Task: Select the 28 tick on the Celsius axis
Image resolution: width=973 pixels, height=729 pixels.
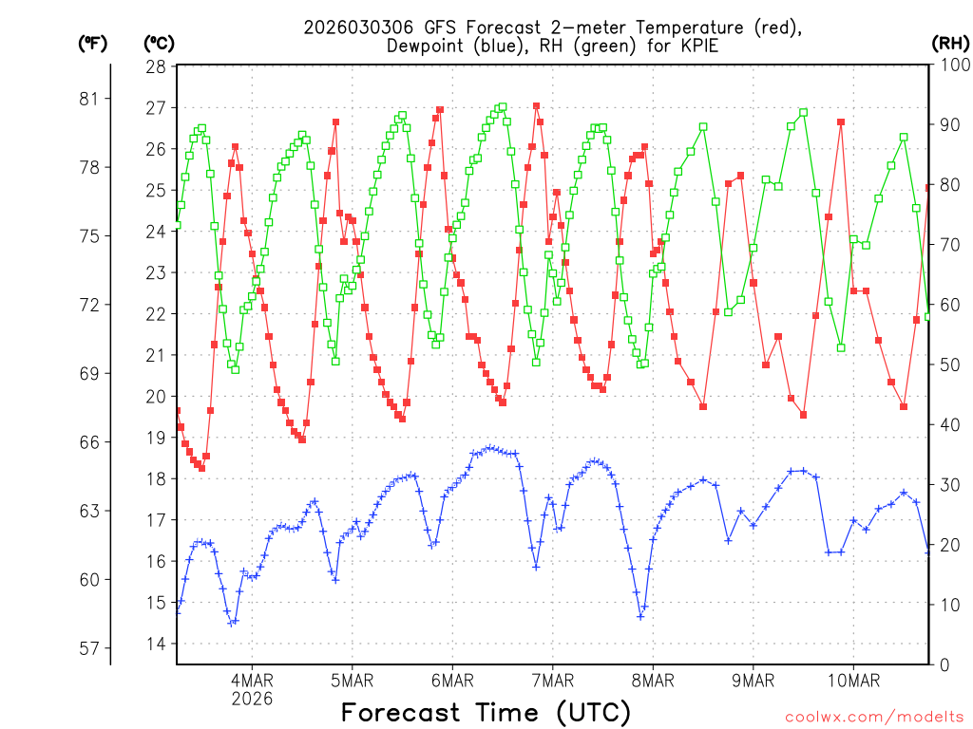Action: click(156, 66)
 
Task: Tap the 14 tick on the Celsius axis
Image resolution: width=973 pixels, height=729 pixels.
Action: click(156, 644)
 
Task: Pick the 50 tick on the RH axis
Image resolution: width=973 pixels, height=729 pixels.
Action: click(947, 364)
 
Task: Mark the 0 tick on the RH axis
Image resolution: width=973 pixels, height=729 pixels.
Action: click(943, 664)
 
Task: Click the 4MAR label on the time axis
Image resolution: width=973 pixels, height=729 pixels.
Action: click(252, 681)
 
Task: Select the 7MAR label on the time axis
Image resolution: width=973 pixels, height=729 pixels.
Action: click(552, 681)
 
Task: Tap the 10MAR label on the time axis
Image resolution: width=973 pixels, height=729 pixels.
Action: click(853, 681)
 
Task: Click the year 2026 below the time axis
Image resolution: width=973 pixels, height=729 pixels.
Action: click(252, 699)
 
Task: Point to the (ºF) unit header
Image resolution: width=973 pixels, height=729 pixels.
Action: click(93, 43)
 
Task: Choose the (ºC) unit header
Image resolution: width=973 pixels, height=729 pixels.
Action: click(160, 43)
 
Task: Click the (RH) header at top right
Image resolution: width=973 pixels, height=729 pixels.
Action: click(951, 43)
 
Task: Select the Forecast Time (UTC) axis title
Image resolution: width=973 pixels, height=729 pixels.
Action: click(486, 712)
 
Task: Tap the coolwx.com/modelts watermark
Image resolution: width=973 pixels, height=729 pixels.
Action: click(874, 717)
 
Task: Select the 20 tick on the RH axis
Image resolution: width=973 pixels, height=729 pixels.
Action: click(947, 545)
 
